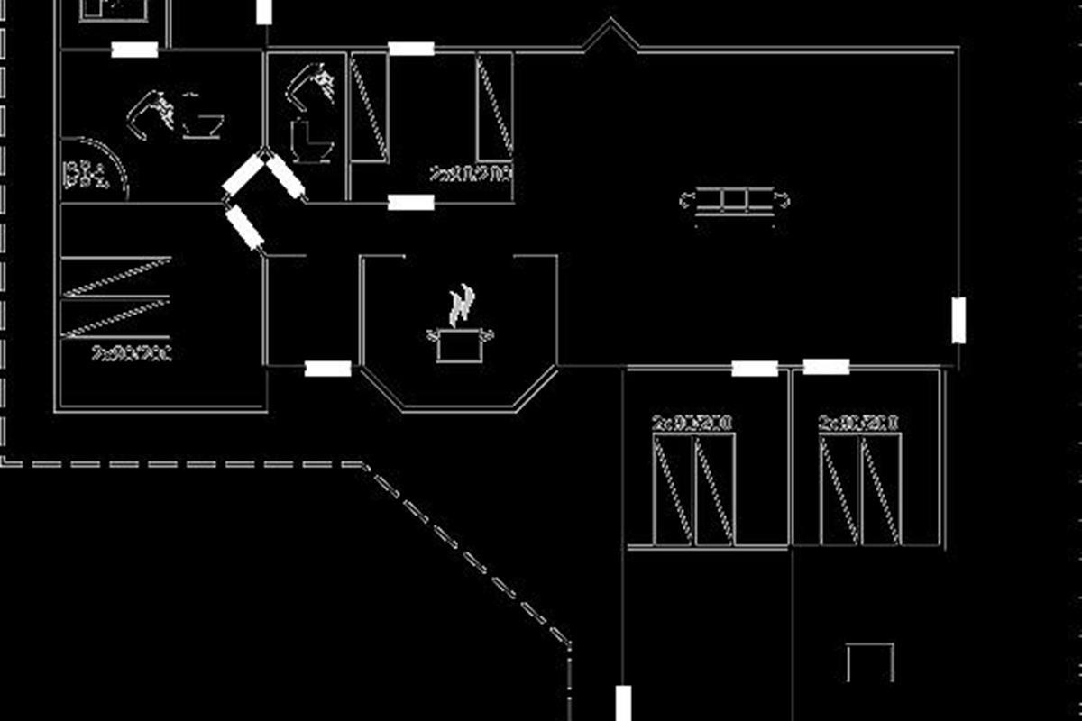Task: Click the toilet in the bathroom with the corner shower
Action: tap(203, 123)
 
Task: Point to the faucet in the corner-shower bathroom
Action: tap(153, 113)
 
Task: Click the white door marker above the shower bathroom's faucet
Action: tap(135, 50)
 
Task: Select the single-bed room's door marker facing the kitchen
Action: tap(410, 202)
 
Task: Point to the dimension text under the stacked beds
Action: tap(132, 351)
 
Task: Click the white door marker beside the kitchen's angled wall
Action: tap(327, 368)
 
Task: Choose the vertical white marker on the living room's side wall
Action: tap(958, 320)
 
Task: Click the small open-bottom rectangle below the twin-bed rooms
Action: tap(870, 662)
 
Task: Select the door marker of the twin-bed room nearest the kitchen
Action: tap(755, 368)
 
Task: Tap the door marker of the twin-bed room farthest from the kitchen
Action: tap(826, 367)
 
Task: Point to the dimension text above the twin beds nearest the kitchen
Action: tap(692, 423)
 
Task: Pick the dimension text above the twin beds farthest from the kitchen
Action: tap(858, 423)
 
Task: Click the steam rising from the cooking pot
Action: tap(461, 305)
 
